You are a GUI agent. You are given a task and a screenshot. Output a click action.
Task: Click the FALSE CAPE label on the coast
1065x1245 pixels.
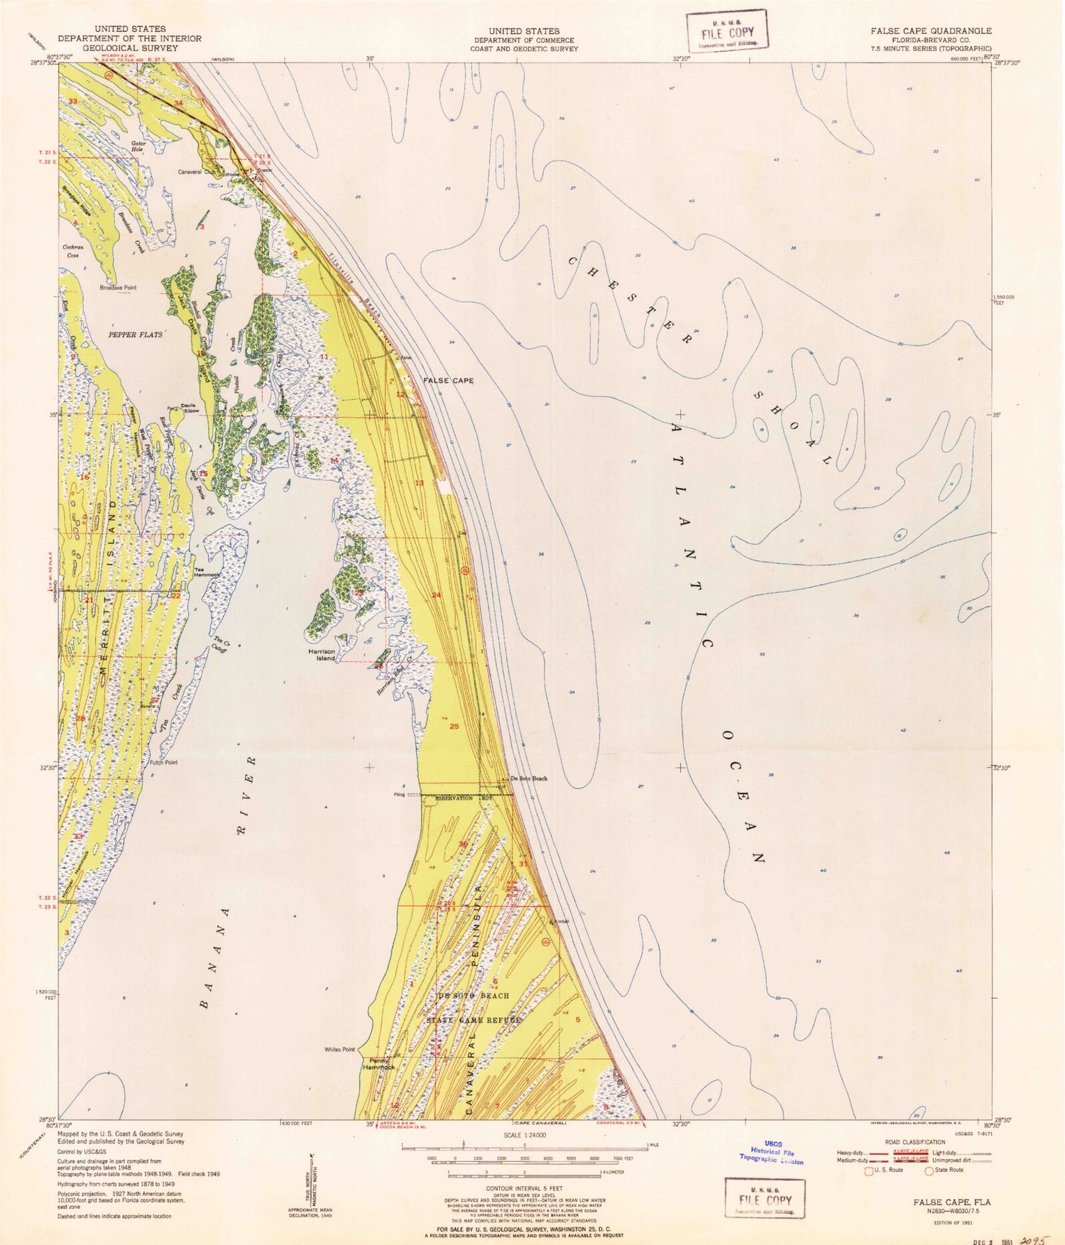click(x=448, y=381)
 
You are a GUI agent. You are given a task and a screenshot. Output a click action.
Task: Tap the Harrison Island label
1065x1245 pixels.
click(x=321, y=654)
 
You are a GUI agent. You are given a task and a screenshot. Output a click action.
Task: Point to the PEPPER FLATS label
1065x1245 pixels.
click(x=135, y=334)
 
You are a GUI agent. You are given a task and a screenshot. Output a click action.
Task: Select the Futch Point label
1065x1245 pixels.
click(x=163, y=763)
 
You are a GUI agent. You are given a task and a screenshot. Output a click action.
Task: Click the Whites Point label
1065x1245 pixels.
click(x=339, y=1050)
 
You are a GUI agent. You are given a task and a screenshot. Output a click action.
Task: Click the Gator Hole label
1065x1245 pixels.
click(x=138, y=147)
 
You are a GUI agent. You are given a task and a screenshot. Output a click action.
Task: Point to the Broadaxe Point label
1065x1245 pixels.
click(x=118, y=288)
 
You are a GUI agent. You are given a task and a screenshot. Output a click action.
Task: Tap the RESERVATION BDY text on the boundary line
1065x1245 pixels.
click(x=463, y=798)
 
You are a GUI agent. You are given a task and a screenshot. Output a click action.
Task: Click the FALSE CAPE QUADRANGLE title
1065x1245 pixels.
click(x=931, y=31)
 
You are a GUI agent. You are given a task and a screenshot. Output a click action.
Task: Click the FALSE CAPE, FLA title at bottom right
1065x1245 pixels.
click(x=951, y=1202)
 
